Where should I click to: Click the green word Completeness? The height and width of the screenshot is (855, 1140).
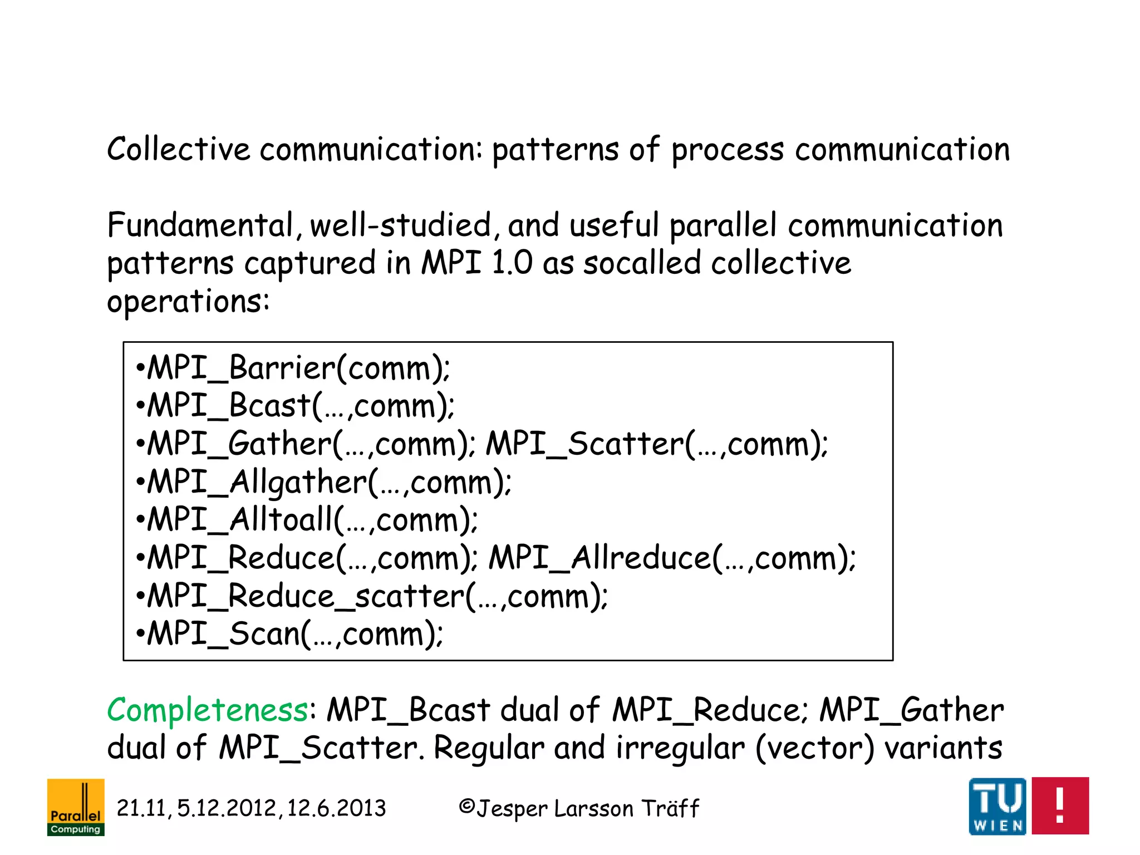click(x=207, y=711)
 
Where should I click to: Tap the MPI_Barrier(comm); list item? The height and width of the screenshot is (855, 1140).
click(x=293, y=368)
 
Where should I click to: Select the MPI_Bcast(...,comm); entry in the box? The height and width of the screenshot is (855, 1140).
click(x=296, y=406)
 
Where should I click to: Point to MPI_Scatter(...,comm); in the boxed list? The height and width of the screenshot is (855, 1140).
click(x=657, y=444)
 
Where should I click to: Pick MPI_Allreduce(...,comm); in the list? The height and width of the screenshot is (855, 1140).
click(x=672, y=558)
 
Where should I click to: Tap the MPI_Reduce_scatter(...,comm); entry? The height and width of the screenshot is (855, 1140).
click(x=372, y=596)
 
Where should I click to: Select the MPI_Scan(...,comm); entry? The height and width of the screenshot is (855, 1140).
click(x=290, y=634)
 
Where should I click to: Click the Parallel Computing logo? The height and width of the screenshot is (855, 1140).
click(x=76, y=807)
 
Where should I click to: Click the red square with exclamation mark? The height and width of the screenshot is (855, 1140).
click(x=1060, y=805)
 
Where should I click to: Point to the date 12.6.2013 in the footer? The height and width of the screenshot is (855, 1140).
click(x=336, y=808)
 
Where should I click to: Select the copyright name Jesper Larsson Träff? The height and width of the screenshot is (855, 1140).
click(x=579, y=808)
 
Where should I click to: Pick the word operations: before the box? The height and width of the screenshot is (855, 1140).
click(x=188, y=302)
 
